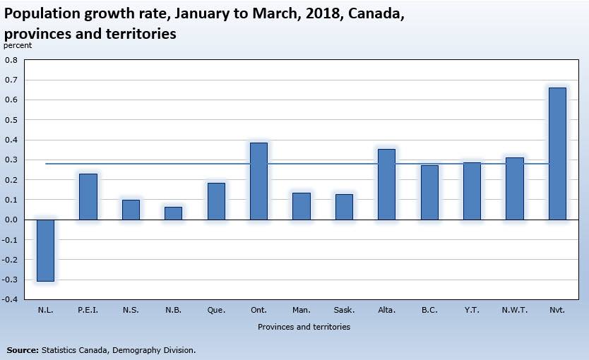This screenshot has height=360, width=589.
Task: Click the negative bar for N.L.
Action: point(45,251)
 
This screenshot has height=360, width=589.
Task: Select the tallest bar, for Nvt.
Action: point(557,154)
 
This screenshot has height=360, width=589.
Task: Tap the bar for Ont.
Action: point(258,181)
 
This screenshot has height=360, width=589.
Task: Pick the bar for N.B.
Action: point(173,213)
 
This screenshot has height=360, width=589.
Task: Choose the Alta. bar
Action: point(386,184)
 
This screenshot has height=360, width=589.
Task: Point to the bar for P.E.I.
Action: point(88,197)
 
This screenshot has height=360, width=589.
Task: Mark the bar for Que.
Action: point(216,201)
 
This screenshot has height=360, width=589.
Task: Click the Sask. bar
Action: point(344,207)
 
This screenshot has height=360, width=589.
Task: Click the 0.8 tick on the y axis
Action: point(11,60)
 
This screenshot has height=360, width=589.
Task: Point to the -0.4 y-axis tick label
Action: point(10,299)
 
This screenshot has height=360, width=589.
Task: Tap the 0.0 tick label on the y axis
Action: point(11,220)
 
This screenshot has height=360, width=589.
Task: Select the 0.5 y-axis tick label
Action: point(11,120)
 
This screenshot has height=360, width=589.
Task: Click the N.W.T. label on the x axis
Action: point(515,310)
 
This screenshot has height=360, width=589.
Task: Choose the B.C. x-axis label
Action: point(429,310)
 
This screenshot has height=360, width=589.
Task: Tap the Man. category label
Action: point(302,310)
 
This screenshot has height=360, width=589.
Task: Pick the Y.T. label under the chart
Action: point(472,310)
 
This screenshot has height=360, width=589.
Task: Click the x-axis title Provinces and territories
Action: point(304,327)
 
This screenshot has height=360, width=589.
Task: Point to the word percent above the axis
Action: point(18,45)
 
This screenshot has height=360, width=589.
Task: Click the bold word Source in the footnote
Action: point(23,350)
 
